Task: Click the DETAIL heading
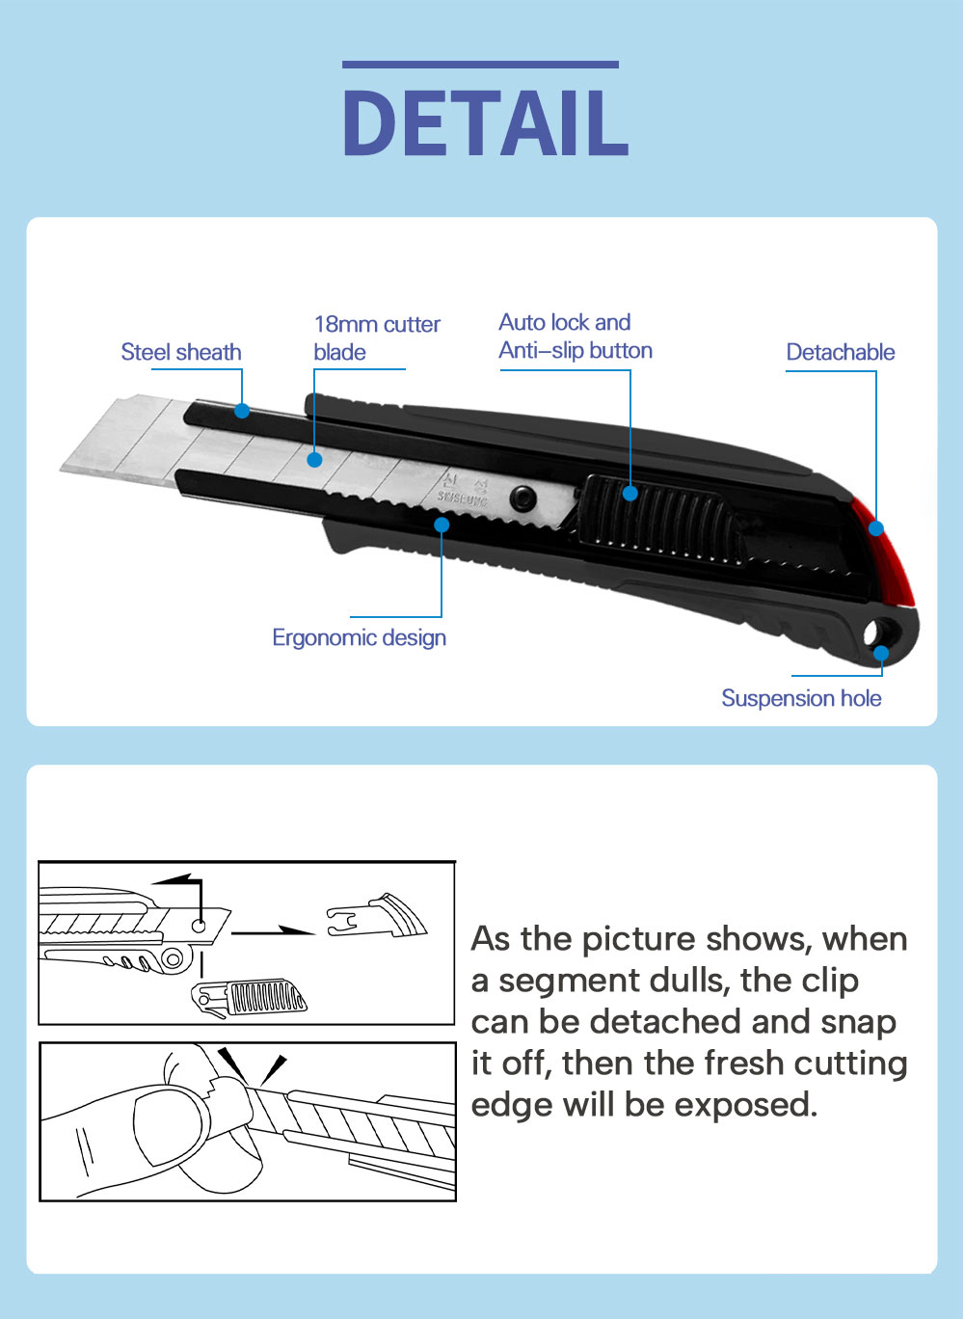coord(485,123)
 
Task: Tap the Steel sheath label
coord(181,353)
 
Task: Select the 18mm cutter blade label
coord(376,338)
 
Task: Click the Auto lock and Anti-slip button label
coord(576,336)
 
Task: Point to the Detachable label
coord(840,353)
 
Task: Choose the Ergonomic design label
coord(359,638)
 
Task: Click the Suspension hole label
coord(801,699)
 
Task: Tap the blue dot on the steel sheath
coord(242,411)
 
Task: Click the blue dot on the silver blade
coord(314,460)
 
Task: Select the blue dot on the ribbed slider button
coord(629,494)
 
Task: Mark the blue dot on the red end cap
coord(875,528)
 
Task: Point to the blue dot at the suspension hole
coord(881,654)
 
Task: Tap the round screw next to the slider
coord(523,498)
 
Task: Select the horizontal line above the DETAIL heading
coord(480,65)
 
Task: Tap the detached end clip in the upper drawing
coord(378,918)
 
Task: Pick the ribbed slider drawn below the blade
coord(253,998)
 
